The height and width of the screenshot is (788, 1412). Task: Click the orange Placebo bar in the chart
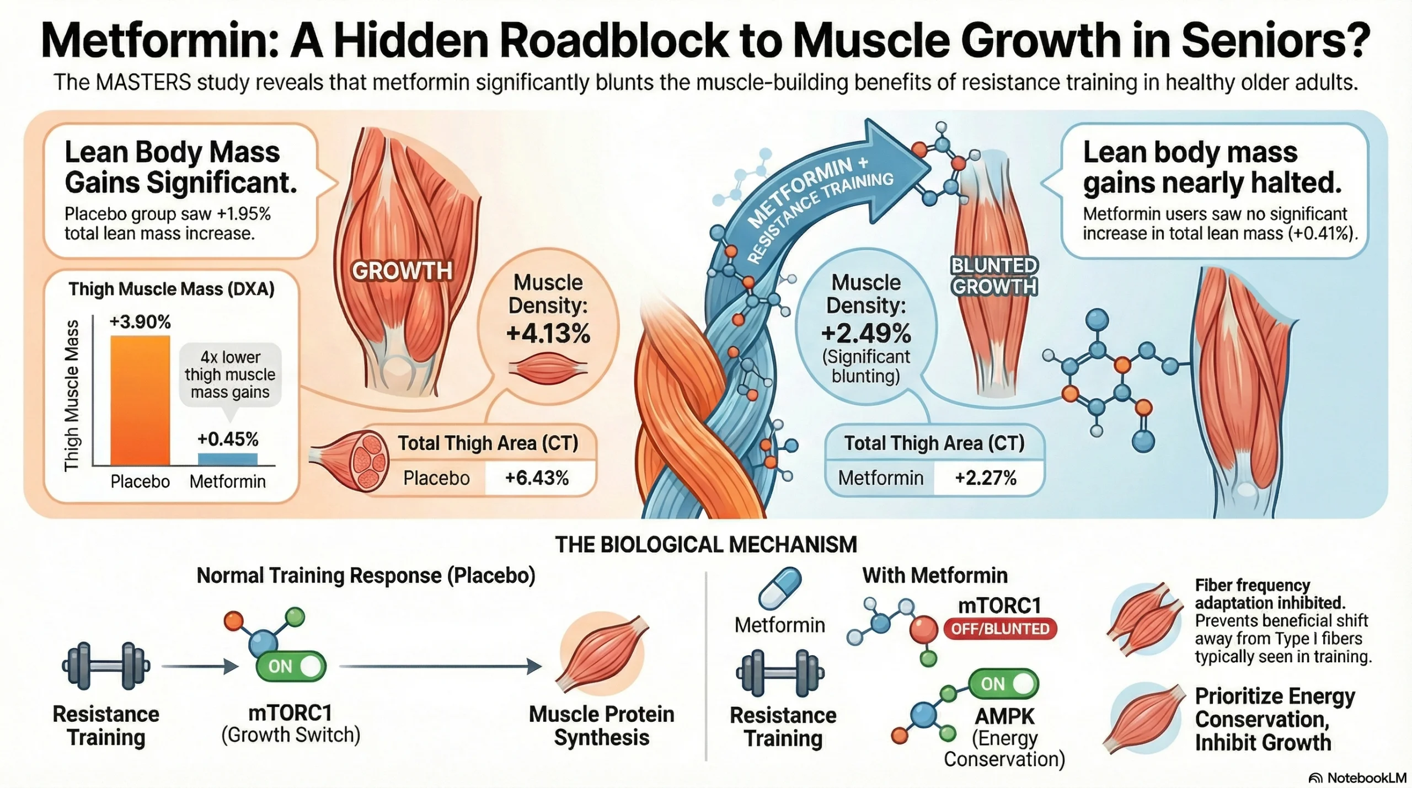(x=140, y=401)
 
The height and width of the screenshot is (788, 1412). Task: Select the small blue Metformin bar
(x=227, y=459)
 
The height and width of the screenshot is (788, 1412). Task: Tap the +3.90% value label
(x=140, y=321)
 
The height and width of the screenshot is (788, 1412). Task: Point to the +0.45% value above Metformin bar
(x=228, y=439)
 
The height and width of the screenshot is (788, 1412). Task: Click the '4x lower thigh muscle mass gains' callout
(x=230, y=374)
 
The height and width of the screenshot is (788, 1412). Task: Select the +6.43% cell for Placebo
(x=537, y=478)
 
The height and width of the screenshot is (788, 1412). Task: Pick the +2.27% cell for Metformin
(x=985, y=478)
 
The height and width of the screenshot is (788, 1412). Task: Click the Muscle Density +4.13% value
(x=548, y=334)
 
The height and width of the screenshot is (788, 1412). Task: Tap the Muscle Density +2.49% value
(x=866, y=334)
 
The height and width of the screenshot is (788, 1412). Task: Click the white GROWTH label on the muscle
(x=402, y=271)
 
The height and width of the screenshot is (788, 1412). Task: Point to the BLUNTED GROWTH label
(x=994, y=276)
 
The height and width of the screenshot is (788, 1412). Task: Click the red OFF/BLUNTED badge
(x=1000, y=629)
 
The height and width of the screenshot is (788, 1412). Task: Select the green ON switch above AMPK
(x=1003, y=684)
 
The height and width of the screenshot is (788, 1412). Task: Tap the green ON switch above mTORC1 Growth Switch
(x=291, y=666)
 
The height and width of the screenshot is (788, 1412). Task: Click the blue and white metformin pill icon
(x=779, y=588)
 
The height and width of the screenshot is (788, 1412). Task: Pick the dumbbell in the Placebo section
(x=106, y=666)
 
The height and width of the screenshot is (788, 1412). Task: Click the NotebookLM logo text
(x=1366, y=778)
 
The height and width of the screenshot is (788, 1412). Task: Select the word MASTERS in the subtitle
(x=143, y=83)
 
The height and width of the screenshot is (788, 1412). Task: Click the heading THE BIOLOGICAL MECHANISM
(x=705, y=545)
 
